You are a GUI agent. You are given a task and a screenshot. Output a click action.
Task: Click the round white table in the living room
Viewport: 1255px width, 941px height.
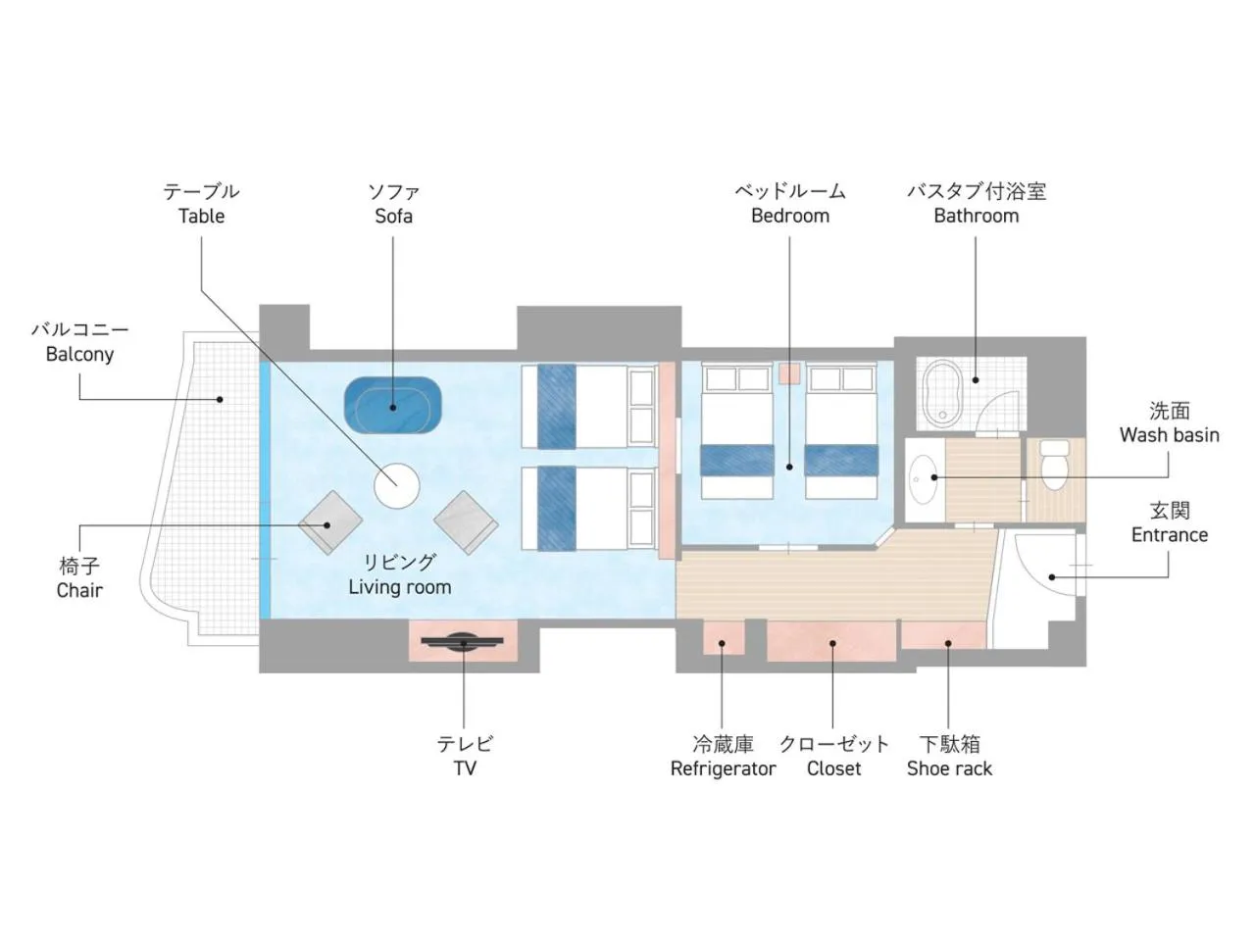(396, 485)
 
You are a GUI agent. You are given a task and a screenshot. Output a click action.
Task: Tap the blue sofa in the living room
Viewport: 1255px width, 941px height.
(393, 405)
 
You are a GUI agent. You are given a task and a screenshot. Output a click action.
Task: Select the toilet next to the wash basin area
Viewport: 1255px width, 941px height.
(1054, 465)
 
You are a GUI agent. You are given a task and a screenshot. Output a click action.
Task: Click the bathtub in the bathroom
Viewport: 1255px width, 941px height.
(943, 393)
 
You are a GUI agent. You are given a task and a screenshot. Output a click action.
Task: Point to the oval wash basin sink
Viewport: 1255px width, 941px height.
(923, 478)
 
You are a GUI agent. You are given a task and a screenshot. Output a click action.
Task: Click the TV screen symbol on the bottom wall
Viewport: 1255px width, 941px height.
(462, 642)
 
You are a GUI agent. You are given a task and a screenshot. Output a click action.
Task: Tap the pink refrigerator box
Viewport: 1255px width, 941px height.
(723, 637)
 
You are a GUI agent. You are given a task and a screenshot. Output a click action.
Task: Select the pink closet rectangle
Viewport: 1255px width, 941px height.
(830, 640)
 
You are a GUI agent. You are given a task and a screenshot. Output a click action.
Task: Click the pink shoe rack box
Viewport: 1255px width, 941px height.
(943, 635)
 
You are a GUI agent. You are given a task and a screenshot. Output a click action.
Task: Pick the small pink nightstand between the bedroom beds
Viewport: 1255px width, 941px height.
(789, 373)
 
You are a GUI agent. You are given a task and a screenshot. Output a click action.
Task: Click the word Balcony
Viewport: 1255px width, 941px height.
(80, 354)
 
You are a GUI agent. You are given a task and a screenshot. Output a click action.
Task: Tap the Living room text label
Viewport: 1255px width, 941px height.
(400, 587)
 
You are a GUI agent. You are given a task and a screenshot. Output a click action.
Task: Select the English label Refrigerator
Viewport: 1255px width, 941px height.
(723, 768)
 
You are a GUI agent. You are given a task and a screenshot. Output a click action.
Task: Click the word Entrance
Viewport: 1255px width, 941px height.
(1170, 535)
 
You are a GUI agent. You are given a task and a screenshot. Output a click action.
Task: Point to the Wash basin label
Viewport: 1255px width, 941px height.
(1170, 435)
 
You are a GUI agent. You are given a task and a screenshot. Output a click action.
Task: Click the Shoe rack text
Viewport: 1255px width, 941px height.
(949, 768)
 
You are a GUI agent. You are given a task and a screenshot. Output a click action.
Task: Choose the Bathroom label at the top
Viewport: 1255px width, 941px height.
(976, 216)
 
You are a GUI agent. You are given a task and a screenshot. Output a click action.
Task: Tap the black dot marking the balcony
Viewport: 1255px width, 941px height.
(220, 399)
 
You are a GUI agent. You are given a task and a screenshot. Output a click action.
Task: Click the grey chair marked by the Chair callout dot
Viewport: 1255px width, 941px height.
(330, 522)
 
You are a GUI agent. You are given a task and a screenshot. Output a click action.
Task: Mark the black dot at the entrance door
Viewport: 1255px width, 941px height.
(1051, 577)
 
